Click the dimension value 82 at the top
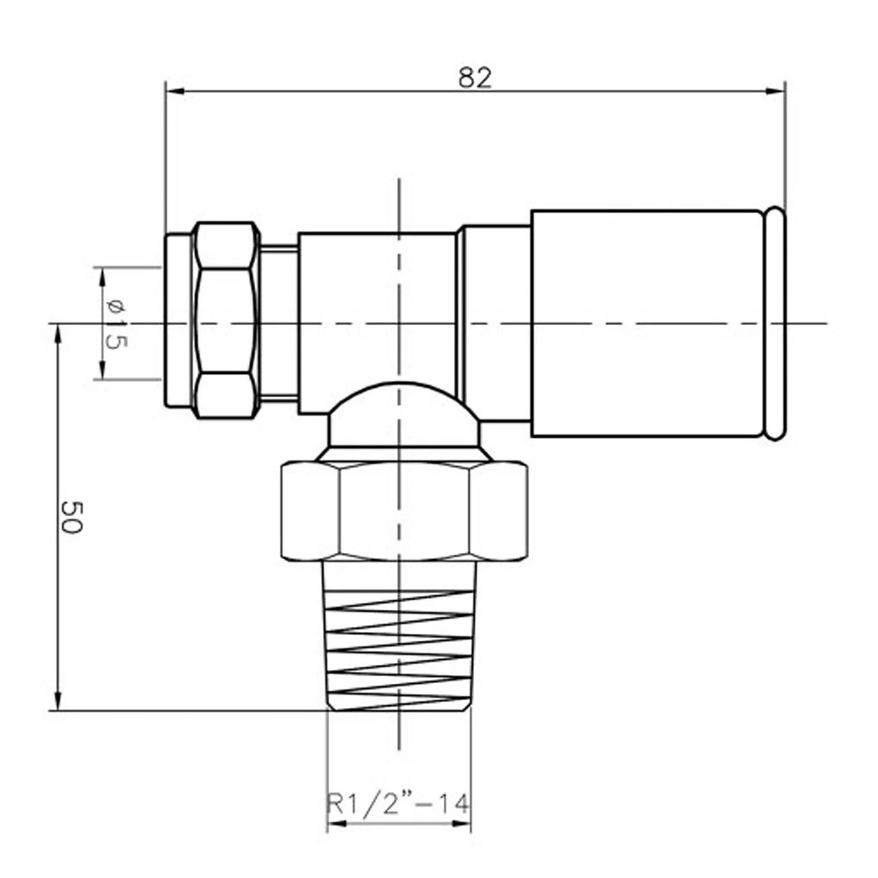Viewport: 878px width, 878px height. click(475, 78)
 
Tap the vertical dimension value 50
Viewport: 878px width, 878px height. click(71, 517)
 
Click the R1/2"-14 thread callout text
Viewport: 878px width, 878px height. click(399, 803)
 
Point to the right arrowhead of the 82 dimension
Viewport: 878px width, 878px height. click(777, 90)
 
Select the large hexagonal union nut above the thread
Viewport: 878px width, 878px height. click(405, 511)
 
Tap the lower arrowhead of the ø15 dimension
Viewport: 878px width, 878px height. click(102, 371)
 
